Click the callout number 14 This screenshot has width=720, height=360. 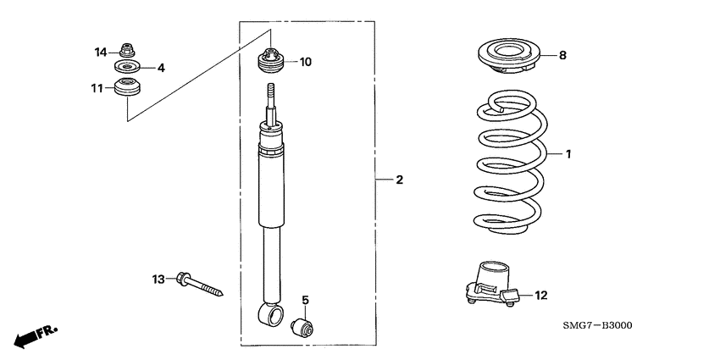tap(100, 52)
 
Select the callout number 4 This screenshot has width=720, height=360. tap(160, 68)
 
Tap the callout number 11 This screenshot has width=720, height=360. tap(97, 87)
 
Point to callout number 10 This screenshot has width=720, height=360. tap(305, 62)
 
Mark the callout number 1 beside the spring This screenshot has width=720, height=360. tap(568, 154)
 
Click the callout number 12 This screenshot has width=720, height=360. tap(541, 296)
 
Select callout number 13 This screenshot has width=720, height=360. tap(158, 279)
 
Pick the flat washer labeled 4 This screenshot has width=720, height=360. tap(127, 67)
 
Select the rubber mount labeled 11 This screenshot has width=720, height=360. tap(128, 86)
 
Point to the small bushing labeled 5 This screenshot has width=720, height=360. tap(302, 325)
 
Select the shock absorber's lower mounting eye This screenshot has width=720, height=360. tap(272, 317)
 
